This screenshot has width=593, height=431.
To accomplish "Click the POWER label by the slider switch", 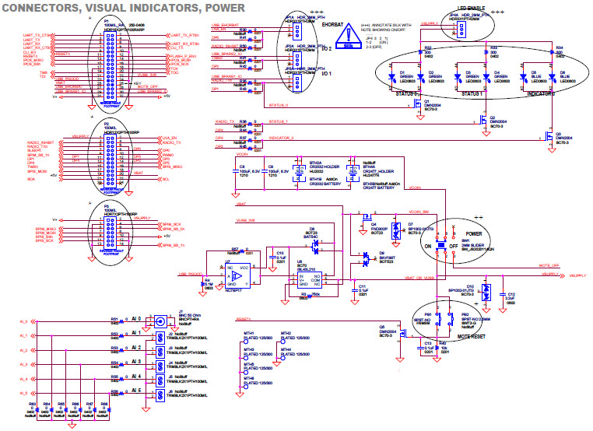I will pos(474,233).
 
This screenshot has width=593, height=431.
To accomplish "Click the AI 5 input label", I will pos(137,391).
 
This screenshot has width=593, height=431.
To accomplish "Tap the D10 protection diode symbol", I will pos(486,292).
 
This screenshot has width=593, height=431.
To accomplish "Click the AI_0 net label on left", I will pos(23,321).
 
